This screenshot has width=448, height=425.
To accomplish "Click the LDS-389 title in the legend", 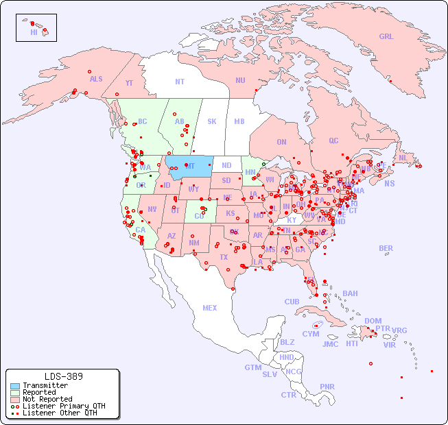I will coord(63,377).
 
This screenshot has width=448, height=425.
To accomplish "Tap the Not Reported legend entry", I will coord(47,399).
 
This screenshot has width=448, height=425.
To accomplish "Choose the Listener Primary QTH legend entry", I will coord(63,406).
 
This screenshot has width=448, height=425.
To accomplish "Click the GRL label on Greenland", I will coord(386,37).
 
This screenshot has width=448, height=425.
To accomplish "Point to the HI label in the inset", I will coord(34,32).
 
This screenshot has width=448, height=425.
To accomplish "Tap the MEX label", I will coord(210,308).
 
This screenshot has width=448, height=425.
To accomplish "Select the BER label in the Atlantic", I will coord(386,248).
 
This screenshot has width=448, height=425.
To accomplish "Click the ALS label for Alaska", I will coord(96,79).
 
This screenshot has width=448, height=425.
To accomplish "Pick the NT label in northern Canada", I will coord(180,81).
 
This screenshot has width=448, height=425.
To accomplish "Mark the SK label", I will coord(212,121).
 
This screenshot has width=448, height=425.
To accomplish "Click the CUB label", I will coord(292,302).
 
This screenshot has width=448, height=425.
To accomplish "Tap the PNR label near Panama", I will coord(327,387).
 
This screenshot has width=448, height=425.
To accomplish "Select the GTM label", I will coord(252,367).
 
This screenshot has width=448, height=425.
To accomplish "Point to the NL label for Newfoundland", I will coord(403,158).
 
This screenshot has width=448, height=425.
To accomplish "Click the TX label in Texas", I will coord(224,257).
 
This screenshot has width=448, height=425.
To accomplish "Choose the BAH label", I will coord(350,293).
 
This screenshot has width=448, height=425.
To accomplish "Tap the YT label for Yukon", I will coord(129,83).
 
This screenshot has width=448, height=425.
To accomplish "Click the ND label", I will coord(226,165).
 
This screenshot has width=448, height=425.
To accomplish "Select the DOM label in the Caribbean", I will coord(373,321).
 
